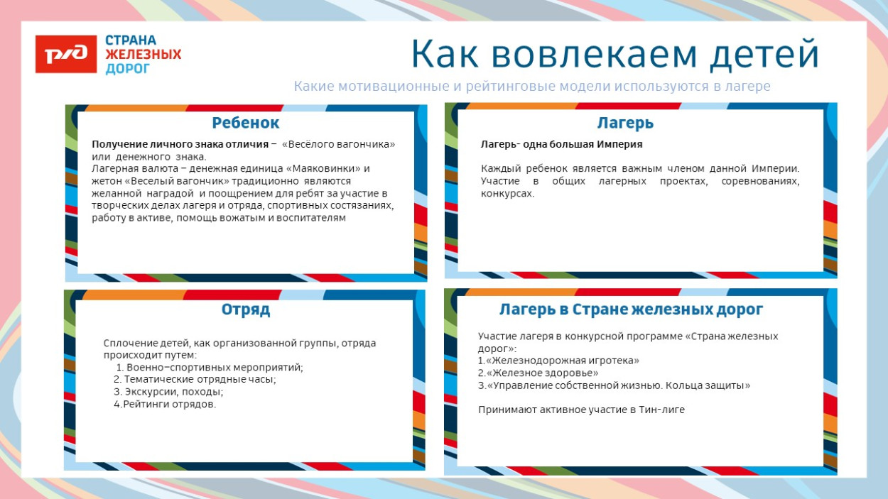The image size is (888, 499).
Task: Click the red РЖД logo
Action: click(66, 54)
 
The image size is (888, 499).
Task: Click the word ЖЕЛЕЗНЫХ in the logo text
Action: click(143, 54)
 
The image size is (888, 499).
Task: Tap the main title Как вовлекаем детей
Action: click(614, 54)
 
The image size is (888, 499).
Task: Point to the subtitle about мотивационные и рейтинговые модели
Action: click(532, 86)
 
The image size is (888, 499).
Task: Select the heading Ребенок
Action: click(246, 123)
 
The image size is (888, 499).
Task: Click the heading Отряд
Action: click(246, 310)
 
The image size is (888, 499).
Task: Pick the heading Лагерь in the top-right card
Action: click(625, 123)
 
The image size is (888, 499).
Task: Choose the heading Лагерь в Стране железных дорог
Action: click(631, 309)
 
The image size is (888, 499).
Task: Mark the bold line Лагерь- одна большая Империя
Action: click(561, 144)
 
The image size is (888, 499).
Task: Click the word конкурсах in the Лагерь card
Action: click(507, 194)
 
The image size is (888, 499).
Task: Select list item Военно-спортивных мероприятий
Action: click(215, 368)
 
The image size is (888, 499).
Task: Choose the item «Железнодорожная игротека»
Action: click(561, 361)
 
